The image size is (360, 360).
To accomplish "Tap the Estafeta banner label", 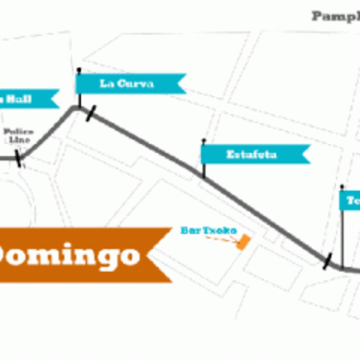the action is [x=252, y=155].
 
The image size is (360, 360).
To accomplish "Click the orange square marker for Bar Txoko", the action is [x=243, y=241].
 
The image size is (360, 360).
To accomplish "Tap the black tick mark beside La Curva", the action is [x=91, y=114].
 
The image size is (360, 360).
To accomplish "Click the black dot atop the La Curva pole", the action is [x=78, y=70].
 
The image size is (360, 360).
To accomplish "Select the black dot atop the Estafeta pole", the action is [x=203, y=140].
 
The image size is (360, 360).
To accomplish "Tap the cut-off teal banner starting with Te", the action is [x=350, y=200].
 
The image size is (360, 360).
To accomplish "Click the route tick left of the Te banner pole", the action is [x=327, y=261].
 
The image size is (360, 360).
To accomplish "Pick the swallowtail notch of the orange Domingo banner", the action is [x=152, y=255].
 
